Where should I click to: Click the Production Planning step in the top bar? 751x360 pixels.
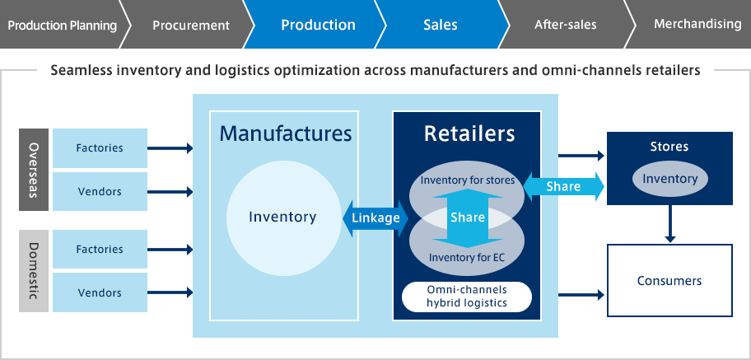[61, 25]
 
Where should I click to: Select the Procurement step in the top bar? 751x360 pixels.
[190, 25]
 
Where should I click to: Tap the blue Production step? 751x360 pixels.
[318, 25]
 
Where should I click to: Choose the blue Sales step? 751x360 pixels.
[440, 25]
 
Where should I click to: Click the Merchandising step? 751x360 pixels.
[697, 24]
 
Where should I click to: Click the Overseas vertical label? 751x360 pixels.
[34, 170]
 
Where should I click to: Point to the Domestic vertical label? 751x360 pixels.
[34, 271]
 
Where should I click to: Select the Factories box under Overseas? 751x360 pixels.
[100, 148]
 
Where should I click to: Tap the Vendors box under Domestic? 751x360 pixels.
[100, 292]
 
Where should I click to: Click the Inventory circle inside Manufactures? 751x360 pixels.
[282, 217]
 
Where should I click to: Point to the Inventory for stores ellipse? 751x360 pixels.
[467, 179]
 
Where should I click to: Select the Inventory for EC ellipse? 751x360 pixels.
[467, 258]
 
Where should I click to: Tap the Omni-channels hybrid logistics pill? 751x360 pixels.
[467, 297]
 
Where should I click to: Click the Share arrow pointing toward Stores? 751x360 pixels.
[563, 186]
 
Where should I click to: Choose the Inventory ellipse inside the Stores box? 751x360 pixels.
[669, 179]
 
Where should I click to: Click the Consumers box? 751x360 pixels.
[669, 281]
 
